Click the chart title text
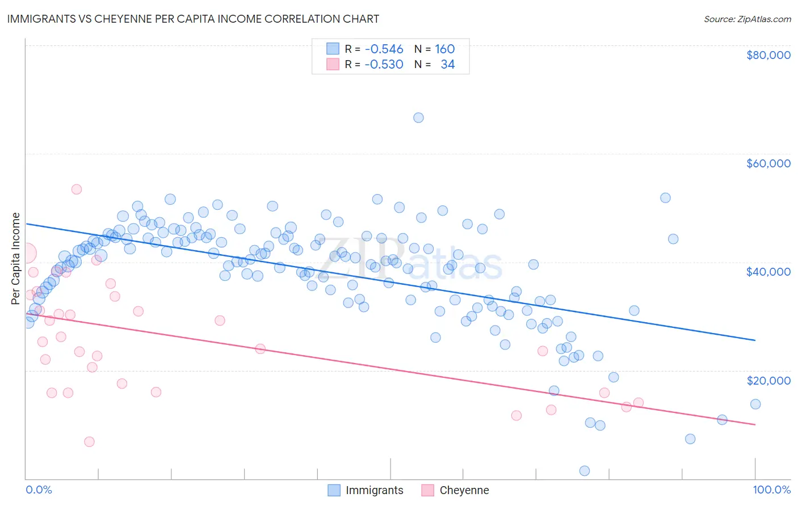coord(193,19)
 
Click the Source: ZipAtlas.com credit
coord(747,19)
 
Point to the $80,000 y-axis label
coord(768,55)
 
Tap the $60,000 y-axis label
coord(768,163)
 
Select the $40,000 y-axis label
coord(768,272)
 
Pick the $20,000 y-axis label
coord(768,380)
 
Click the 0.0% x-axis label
coord(39,490)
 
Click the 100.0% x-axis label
coord(771,490)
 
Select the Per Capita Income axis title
coord(16,258)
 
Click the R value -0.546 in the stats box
coord(384,49)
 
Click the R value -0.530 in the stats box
coord(384,64)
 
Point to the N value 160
coord(444,49)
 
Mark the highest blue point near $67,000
coord(418,117)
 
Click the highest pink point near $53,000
coord(77,189)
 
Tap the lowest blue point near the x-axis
coord(584,471)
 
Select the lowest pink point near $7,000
coord(89,442)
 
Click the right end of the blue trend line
coord(755,340)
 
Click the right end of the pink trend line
coord(755,424)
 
